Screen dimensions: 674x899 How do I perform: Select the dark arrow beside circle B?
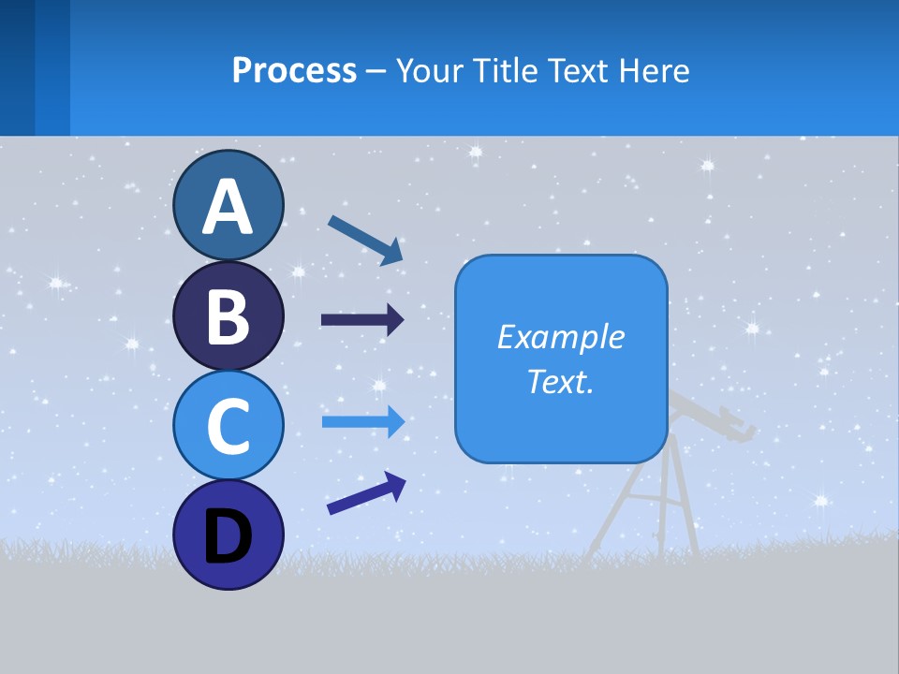(x=362, y=320)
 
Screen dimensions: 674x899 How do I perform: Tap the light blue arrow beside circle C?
(x=362, y=422)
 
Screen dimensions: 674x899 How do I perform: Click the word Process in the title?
(x=294, y=71)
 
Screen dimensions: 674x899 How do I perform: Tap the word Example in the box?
(x=560, y=337)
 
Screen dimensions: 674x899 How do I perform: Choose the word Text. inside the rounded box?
(x=560, y=382)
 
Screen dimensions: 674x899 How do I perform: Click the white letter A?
(x=228, y=208)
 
